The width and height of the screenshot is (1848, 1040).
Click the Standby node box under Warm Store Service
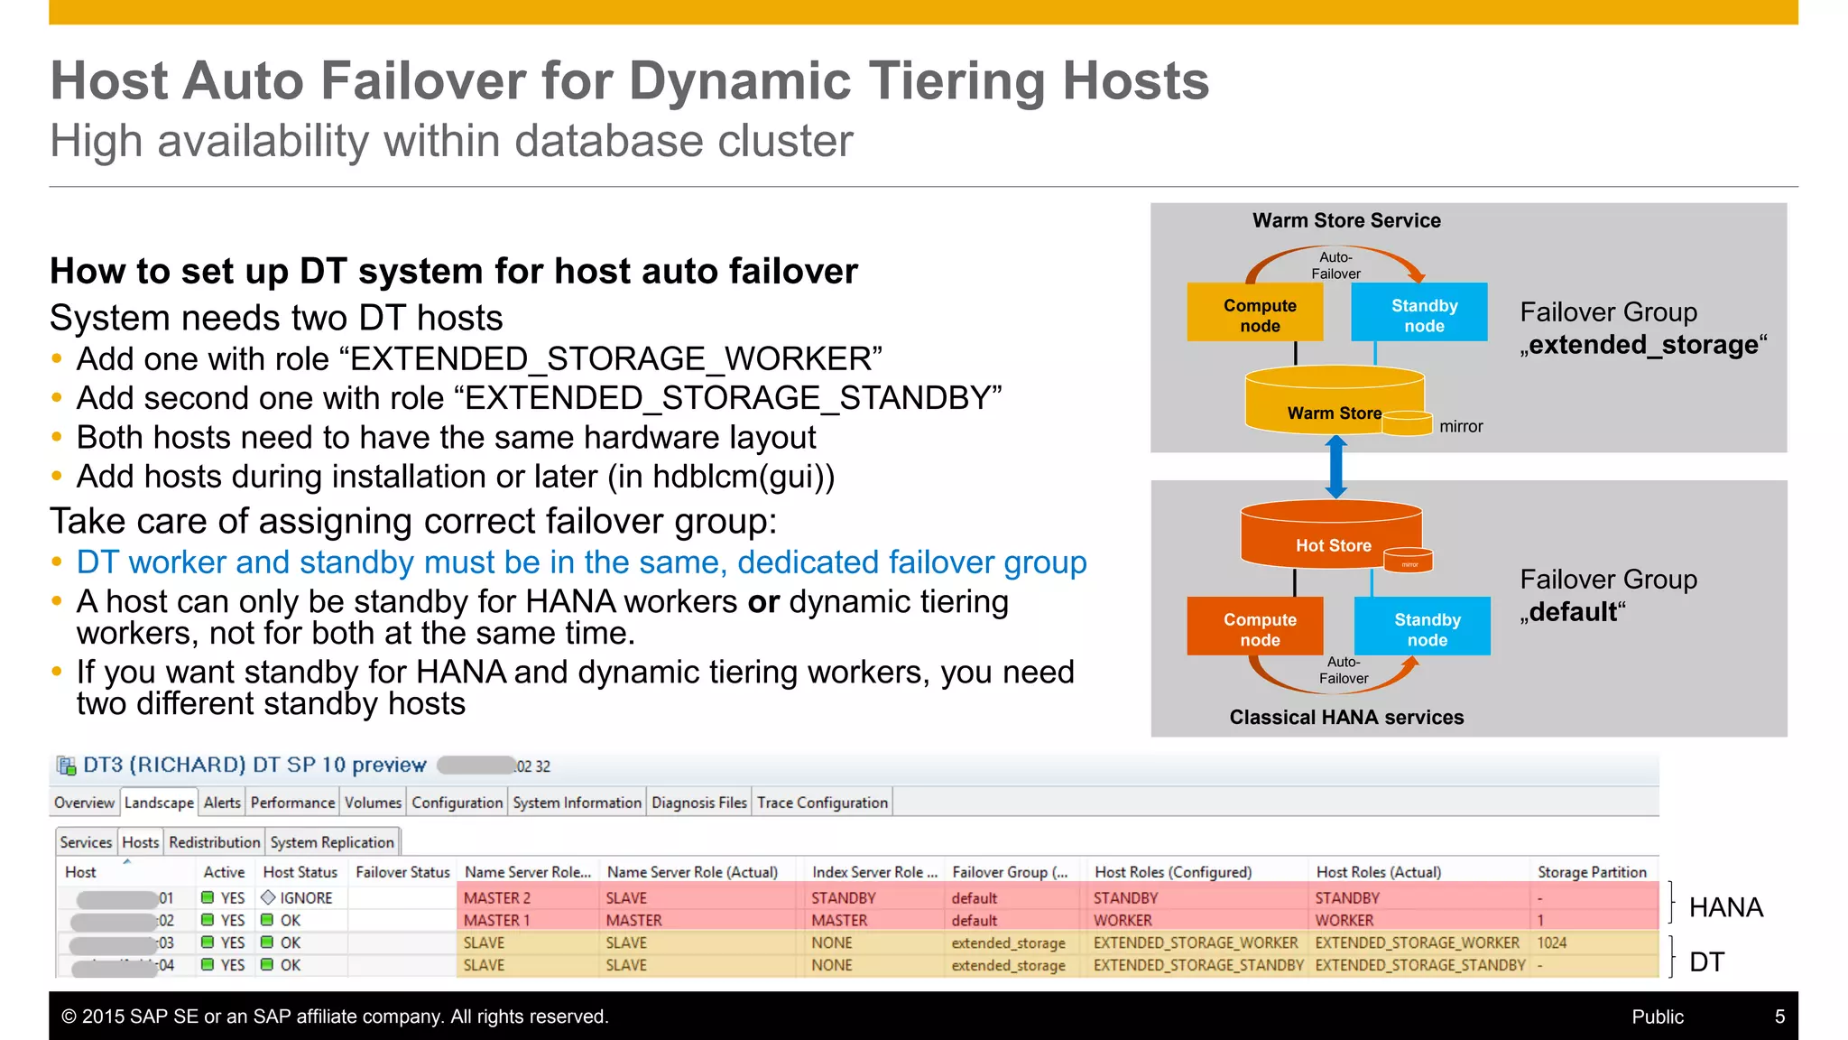pyautogui.click(x=1418, y=312)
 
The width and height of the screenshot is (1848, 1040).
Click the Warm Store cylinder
pyautogui.click(x=1326, y=403)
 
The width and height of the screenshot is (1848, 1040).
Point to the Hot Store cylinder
pyautogui.click(x=1326, y=536)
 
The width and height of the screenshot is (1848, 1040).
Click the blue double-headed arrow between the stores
pyautogui.click(x=1336, y=467)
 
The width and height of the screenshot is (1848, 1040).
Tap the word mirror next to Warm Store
pyautogui.click(x=1461, y=426)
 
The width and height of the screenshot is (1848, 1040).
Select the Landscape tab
pyautogui.click(x=159, y=803)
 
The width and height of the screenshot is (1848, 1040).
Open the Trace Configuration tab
pyautogui.click(x=822, y=803)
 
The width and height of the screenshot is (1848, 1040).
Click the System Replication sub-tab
pyautogui.click(x=332, y=842)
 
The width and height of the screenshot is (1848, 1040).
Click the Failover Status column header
pyautogui.click(x=402, y=872)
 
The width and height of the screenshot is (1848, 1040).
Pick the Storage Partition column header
pyautogui.click(x=1592, y=872)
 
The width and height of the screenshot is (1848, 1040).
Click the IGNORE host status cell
pyautogui.click(x=305, y=898)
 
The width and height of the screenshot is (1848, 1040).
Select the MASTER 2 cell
pyautogui.click(x=497, y=898)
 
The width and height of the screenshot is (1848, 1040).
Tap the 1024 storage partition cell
pyautogui.click(x=1552, y=942)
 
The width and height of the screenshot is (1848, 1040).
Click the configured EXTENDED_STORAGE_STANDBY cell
pyautogui.click(x=1197, y=965)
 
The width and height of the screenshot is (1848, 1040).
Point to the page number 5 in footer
pyautogui.click(x=1779, y=1017)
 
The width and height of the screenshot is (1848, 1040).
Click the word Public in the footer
pyautogui.click(x=1657, y=1017)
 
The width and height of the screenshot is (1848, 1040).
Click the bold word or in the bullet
pyautogui.click(x=762, y=602)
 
